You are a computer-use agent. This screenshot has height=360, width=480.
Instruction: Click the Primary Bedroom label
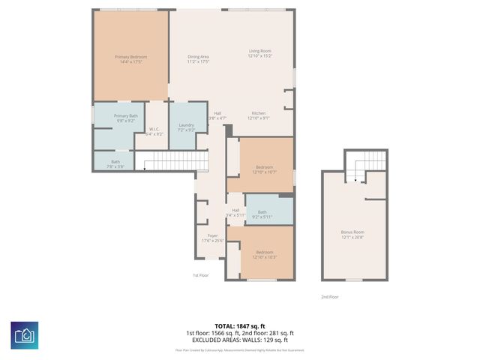tap(130, 60)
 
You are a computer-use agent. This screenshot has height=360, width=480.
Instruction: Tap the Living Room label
tap(260, 53)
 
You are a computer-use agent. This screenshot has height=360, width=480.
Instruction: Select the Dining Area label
tap(198, 60)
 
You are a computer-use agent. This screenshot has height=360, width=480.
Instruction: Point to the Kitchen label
tap(259, 115)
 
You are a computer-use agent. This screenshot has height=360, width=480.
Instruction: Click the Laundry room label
tap(186, 127)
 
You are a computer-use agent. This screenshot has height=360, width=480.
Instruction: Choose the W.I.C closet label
tap(154, 131)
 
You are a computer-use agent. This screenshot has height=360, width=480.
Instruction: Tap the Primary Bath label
tap(125, 118)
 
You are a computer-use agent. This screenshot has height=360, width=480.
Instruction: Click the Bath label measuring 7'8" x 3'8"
tap(115, 163)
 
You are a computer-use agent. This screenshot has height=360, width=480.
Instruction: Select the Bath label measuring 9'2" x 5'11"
tap(262, 214)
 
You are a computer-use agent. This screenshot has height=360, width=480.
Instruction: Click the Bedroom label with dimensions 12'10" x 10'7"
tap(264, 169)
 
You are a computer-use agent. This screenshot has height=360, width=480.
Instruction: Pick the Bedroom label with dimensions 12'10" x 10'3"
tap(264, 254)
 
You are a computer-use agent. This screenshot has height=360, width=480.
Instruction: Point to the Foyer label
tap(212, 238)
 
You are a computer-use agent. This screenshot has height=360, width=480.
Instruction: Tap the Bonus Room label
tap(352, 235)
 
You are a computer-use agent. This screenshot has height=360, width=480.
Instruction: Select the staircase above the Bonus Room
tap(368, 166)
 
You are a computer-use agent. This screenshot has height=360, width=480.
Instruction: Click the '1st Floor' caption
tap(199, 275)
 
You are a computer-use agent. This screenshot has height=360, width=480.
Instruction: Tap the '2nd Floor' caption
tap(330, 297)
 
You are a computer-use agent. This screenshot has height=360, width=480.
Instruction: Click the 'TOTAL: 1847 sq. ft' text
tap(240, 325)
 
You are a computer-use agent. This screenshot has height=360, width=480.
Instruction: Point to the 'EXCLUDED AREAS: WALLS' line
tap(240, 340)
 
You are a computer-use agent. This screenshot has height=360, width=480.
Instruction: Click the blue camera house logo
tap(25, 335)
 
